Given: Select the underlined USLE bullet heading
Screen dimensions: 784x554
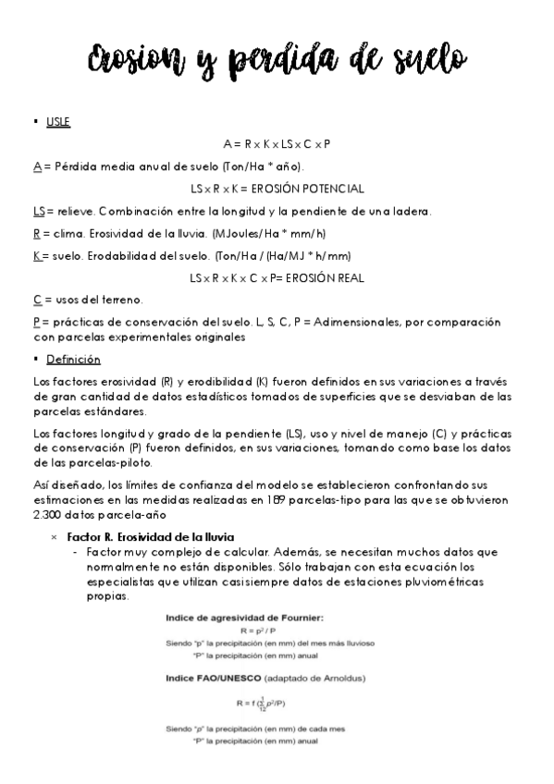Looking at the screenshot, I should pyautogui.click(x=57, y=121).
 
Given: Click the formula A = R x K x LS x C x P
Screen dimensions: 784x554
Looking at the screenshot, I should pyautogui.click(x=277, y=144).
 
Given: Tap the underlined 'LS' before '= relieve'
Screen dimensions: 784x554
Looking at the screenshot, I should pyautogui.click(x=38, y=212).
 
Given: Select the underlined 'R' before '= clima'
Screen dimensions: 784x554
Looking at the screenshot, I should pyautogui.click(x=36, y=234).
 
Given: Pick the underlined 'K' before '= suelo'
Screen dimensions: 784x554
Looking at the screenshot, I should pyautogui.click(x=36, y=255).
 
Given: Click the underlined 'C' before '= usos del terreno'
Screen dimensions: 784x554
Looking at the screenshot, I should pyautogui.click(x=36, y=300).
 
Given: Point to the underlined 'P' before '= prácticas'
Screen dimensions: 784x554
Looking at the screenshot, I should pyautogui.click(x=36, y=322).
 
